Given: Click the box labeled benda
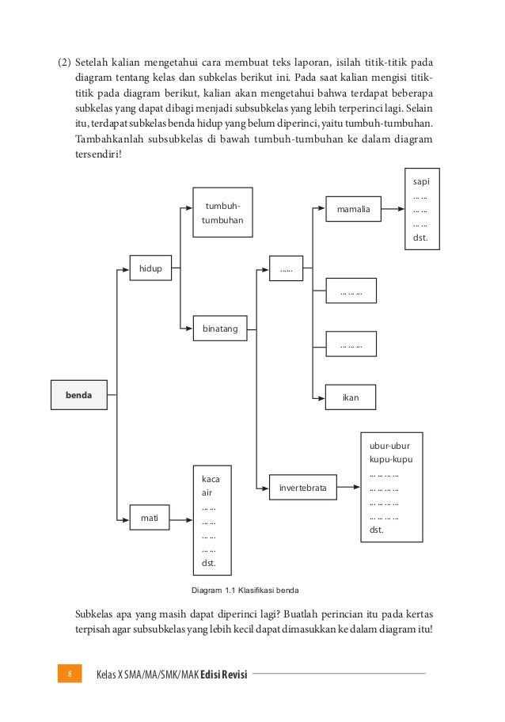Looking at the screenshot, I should [x=78, y=393].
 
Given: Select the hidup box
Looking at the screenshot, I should [x=150, y=269].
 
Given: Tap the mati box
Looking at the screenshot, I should [x=150, y=519].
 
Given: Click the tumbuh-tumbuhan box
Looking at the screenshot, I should [x=222, y=212].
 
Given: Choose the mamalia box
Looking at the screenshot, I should [x=353, y=211].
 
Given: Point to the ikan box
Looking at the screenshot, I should [x=350, y=397].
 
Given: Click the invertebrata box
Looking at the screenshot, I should [x=302, y=485].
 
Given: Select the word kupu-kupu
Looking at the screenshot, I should [x=390, y=459].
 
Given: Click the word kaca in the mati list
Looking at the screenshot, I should [x=211, y=479].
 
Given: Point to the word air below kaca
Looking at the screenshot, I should [x=207, y=492].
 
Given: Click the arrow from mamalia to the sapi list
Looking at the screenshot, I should [x=393, y=211].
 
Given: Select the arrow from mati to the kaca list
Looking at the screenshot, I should [x=181, y=520].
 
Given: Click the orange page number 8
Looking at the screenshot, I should [x=70, y=674].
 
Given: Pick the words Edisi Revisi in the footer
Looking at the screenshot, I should [x=224, y=674].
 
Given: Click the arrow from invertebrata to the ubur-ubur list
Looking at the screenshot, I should [x=348, y=485].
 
